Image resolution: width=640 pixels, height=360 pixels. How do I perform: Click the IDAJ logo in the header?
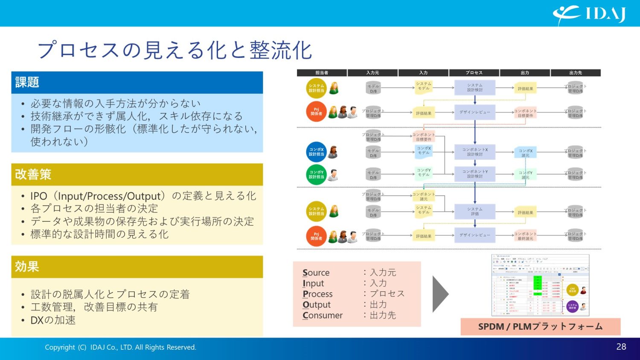point(590,15)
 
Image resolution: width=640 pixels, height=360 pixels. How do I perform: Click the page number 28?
point(621,347)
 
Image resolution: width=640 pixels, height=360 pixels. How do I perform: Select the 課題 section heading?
point(27,82)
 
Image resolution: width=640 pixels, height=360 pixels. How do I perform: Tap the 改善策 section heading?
point(33,174)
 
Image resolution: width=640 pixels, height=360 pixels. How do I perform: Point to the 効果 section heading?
point(27,267)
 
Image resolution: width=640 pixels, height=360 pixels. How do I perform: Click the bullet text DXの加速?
point(53,320)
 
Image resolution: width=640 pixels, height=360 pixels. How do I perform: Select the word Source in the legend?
point(316,273)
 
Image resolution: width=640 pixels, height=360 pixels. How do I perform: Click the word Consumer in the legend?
point(323,316)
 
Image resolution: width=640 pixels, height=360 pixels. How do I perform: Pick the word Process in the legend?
point(317,294)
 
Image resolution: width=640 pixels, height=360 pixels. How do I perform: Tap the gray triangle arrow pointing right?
point(440,294)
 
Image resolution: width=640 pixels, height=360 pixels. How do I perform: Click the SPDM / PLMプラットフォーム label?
point(540,327)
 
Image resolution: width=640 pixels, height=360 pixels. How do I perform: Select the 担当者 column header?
point(322,73)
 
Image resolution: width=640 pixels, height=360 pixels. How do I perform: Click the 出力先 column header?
point(576,73)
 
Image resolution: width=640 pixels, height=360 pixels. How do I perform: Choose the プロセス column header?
point(474,73)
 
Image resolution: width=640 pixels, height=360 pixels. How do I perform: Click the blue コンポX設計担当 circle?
point(316,152)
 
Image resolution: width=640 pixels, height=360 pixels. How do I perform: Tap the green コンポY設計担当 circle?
point(316,174)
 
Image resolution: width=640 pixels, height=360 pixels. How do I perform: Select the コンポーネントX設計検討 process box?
point(475,152)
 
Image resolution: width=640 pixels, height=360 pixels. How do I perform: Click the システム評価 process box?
point(475,212)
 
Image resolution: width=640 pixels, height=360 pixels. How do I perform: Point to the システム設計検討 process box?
point(475,87)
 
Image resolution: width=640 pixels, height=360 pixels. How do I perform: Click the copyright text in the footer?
point(120,347)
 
